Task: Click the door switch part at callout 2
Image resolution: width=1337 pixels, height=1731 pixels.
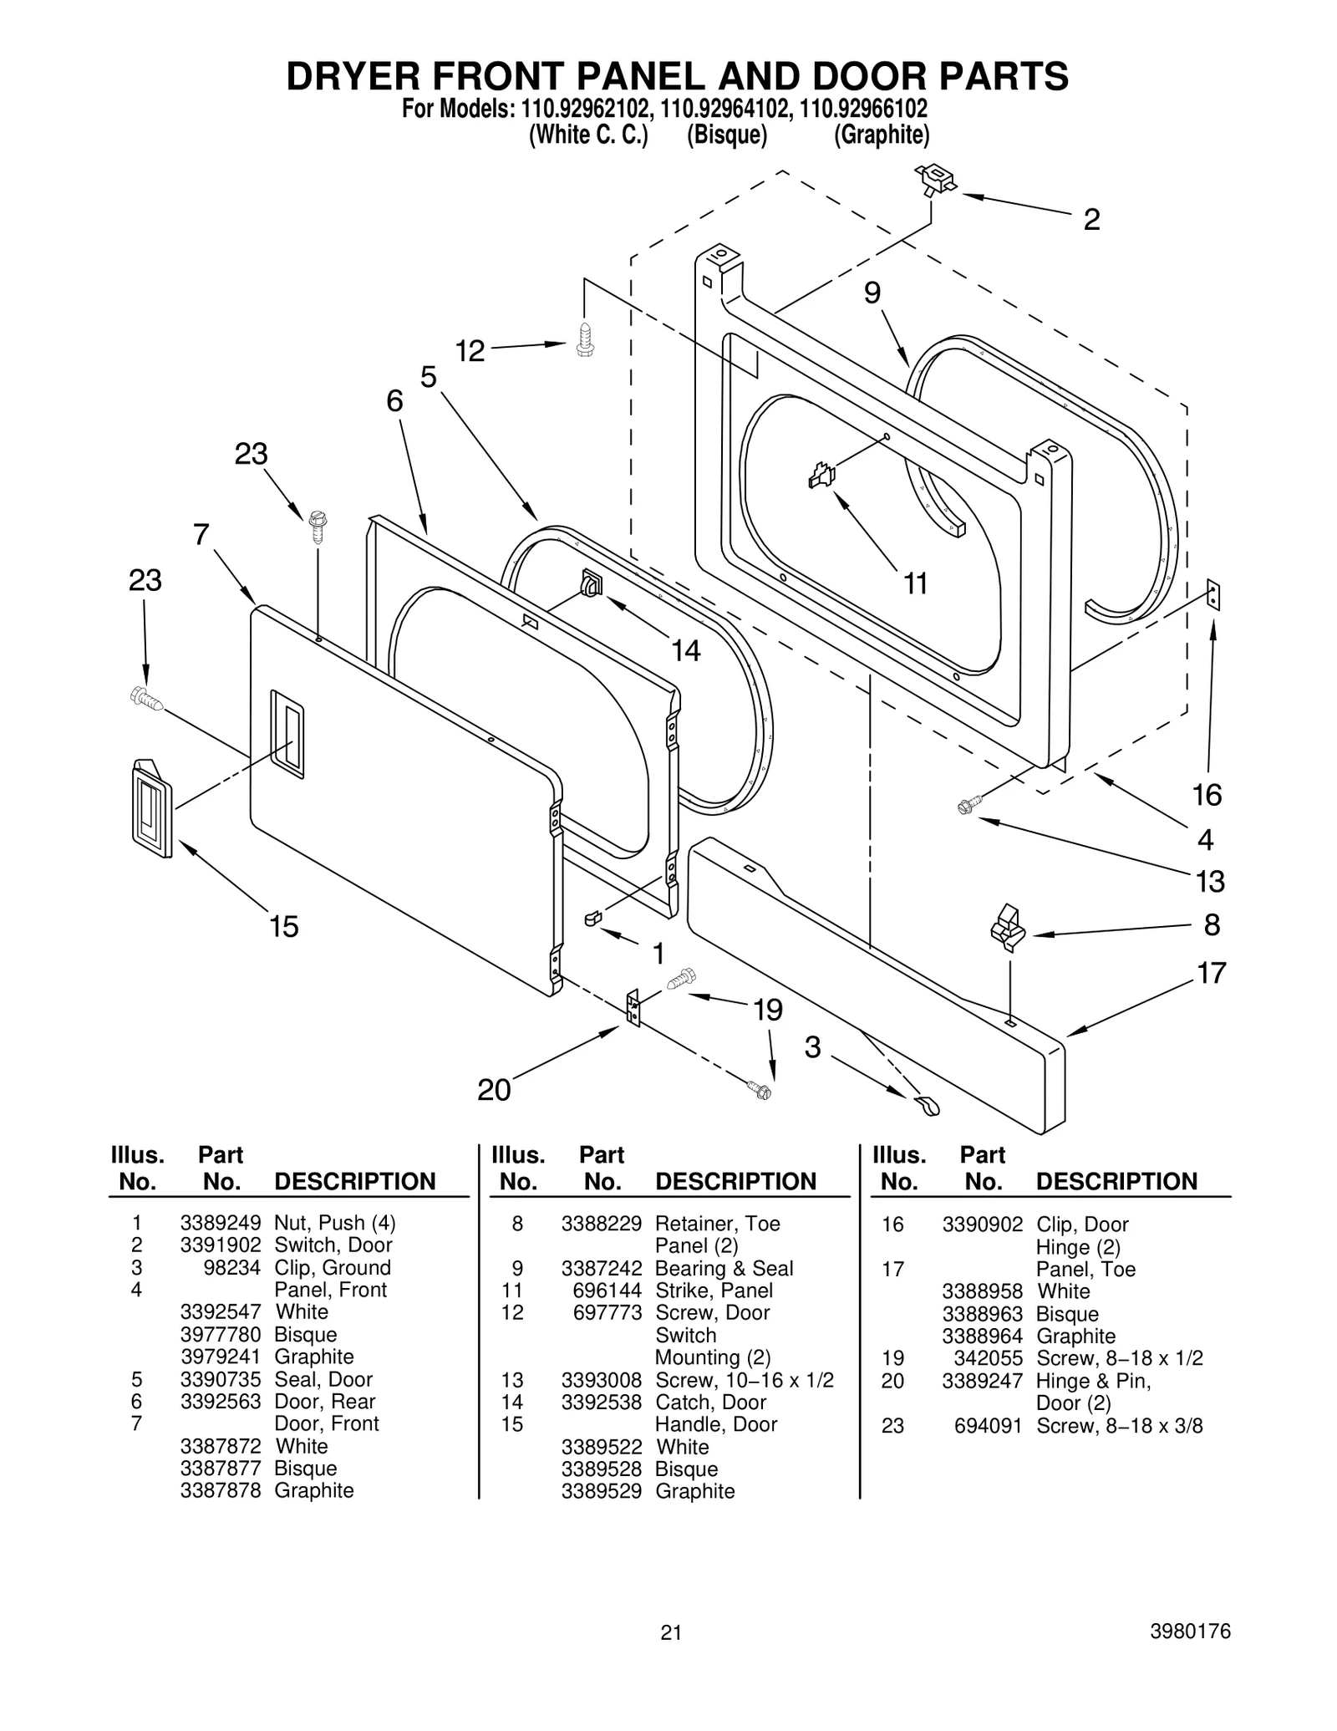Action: (x=936, y=179)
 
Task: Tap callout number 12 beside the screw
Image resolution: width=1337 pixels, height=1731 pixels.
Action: (x=470, y=351)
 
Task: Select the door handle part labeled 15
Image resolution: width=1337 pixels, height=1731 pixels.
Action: (x=152, y=808)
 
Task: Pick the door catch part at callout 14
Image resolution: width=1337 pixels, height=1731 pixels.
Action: (x=591, y=583)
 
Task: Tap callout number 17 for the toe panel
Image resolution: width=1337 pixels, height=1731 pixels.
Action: (x=1211, y=973)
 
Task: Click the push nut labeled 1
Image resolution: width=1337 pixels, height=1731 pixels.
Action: (x=592, y=919)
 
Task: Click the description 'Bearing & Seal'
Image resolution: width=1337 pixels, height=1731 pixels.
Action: (x=724, y=1268)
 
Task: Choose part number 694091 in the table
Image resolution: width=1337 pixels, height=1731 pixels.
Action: (x=988, y=1426)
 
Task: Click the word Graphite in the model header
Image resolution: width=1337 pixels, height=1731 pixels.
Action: (x=882, y=135)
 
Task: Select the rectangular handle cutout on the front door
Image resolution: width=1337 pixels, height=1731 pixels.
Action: (x=287, y=734)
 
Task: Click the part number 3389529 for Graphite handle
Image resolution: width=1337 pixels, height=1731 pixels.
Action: (x=601, y=1491)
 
